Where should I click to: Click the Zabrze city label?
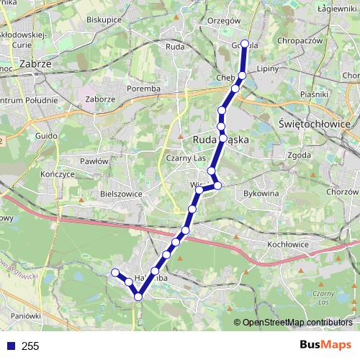pos(35,64)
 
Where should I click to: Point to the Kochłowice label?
pos(287,245)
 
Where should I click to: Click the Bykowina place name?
pos(261,194)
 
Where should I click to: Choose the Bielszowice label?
pos(122,194)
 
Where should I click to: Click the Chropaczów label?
pos(298,40)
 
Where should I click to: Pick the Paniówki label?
pos(25,315)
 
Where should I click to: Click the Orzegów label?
pos(222,21)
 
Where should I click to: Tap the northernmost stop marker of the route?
pos(245,44)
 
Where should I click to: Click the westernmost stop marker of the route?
pos(114,272)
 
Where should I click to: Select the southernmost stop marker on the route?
pos(138,296)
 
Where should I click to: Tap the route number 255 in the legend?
pos(30,346)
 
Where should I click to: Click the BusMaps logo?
pos(325,346)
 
